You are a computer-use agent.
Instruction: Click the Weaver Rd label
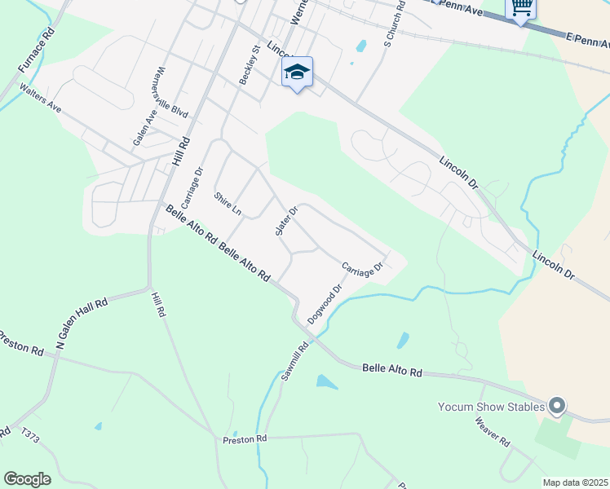tap(493, 431)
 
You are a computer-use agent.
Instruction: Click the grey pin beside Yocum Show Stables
tap(558, 405)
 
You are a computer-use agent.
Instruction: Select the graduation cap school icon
tap(297, 73)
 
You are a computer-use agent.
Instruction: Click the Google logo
tap(27, 479)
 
